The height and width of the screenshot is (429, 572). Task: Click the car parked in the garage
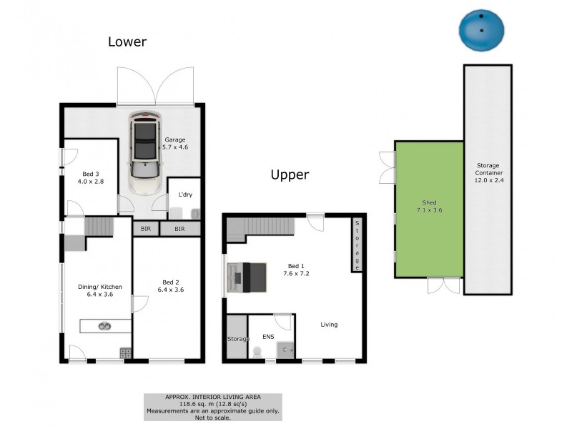pyautogui.click(x=145, y=152)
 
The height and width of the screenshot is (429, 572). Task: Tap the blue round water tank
pyautogui.click(x=481, y=30)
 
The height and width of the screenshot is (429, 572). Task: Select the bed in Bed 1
pyautogui.click(x=247, y=277)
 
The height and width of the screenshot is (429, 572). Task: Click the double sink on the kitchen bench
pyautogui.click(x=104, y=326)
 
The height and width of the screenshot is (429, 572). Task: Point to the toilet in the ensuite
pyautogui.click(x=257, y=352)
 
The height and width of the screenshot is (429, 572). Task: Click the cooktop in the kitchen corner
pyautogui.click(x=126, y=352)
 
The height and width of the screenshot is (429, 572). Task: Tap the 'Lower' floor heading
pyautogui.click(x=127, y=41)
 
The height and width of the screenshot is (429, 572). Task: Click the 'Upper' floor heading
pyautogui.click(x=290, y=174)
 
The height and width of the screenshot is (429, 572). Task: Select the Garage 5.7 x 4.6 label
pyautogui.click(x=175, y=144)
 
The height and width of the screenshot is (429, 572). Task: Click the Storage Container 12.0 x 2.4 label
pyautogui.click(x=489, y=172)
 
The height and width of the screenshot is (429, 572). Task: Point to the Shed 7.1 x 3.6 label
pyautogui.click(x=430, y=206)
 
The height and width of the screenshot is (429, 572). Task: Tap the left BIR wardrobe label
pyautogui.click(x=146, y=229)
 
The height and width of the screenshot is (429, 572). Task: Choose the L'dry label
pyautogui.click(x=185, y=194)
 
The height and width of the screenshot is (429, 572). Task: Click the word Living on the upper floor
pyautogui.click(x=329, y=325)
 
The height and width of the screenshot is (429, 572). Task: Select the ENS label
pyautogui.click(x=268, y=337)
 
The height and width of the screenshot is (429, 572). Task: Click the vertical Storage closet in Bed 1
pyautogui.click(x=357, y=245)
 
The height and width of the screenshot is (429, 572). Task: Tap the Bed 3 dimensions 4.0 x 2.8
pyautogui.click(x=91, y=182)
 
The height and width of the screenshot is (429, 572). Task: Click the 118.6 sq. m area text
pyautogui.click(x=212, y=404)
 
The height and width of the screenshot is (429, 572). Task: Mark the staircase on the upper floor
pyautogui.click(x=260, y=229)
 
